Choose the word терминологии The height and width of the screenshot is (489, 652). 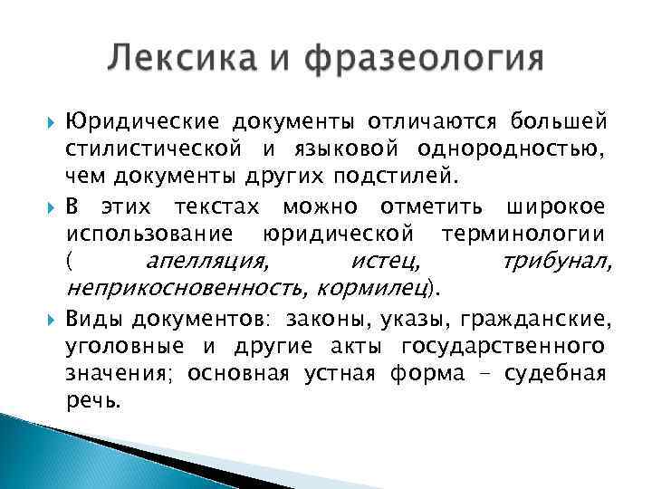click(x=523, y=234)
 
